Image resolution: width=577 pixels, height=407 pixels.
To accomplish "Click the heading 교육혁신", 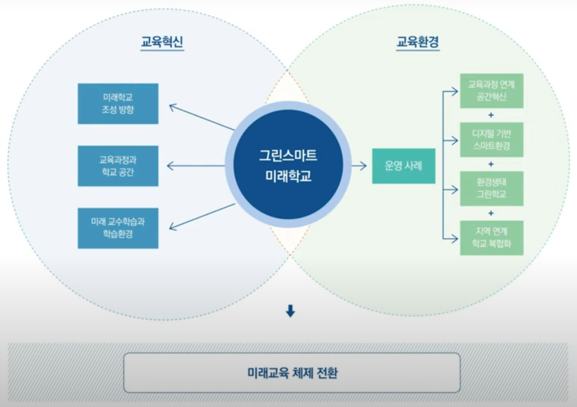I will click(162, 43).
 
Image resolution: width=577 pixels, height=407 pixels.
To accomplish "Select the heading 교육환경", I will click(417, 43).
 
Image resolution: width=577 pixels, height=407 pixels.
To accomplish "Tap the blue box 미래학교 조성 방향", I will click(118, 104).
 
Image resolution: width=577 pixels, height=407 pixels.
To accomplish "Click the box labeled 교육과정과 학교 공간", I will click(118, 166).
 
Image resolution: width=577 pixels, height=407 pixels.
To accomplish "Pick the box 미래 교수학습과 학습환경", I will click(118, 229).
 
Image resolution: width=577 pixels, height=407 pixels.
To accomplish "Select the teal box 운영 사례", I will click(404, 166).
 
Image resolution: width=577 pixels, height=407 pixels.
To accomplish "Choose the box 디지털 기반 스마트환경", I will click(491, 140).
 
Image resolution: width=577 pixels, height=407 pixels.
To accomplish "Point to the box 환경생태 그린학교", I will click(491, 188).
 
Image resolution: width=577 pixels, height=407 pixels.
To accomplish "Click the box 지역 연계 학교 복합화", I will click(491, 237).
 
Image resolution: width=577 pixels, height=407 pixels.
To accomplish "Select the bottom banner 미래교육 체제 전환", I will click(291, 372).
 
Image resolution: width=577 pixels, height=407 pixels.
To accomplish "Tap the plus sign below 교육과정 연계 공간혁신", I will click(491, 115).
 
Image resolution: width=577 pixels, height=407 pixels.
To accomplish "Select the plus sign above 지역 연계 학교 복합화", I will click(491, 213).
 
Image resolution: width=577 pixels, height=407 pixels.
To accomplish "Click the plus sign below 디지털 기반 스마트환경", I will click(491, 164).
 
